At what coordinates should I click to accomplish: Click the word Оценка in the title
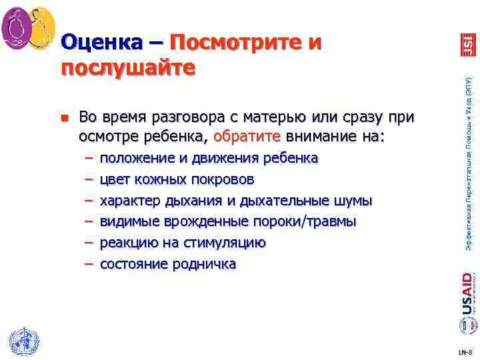click(100, 43)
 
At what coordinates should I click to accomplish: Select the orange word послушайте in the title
click(129, 67)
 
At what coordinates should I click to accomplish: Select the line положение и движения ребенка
click(209, 158)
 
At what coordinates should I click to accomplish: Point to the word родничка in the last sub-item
click(207, 264)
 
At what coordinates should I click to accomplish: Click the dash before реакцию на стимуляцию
click(88, 243)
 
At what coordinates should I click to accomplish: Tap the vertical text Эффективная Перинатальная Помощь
click(469, 160)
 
